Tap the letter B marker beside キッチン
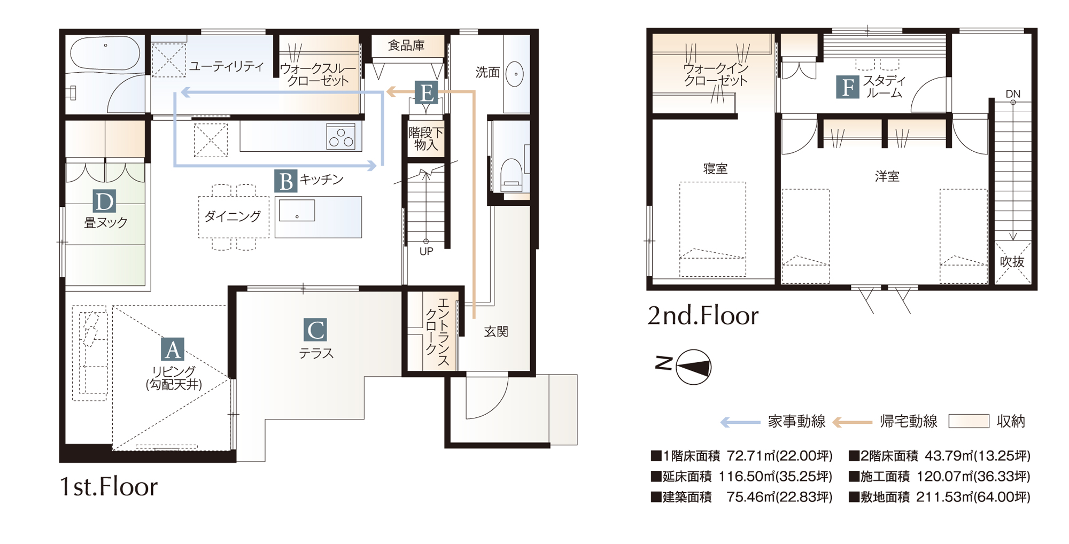click(x=286, y=181)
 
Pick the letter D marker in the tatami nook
click(x=104, y=201)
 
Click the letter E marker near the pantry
click(x=427, y=92)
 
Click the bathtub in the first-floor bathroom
click(x=105, y=53)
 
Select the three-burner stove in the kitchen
click(x=341, y=136)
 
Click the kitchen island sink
click(x=297, y=210)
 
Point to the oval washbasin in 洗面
click(x=515, y=74)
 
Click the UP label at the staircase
click(x=426, y=252)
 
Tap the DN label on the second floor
click(x=1013, y=94)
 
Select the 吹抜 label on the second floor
click(x=1012, y=262)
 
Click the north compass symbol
click(x=693, y=367)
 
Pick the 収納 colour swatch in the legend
click(x=969, y=421)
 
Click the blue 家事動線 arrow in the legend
click(x=740, y=422)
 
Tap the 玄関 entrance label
click(x=496, y=332)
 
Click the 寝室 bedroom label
click(x=715, y=169)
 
